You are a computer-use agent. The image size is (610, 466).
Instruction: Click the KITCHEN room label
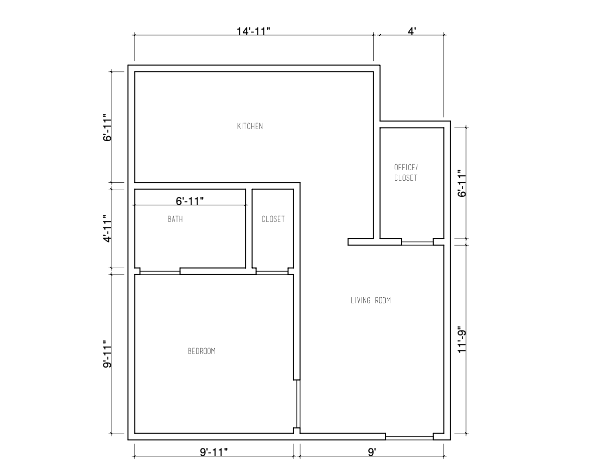250,126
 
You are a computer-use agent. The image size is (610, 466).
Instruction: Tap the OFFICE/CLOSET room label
405,172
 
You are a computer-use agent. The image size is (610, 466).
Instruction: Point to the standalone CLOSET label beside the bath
273,219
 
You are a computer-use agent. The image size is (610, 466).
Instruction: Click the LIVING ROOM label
370,301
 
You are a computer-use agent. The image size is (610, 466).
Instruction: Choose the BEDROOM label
201,351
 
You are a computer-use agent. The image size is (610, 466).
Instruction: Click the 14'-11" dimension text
254,31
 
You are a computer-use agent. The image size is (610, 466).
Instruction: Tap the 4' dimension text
412,31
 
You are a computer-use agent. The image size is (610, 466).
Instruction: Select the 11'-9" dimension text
462,340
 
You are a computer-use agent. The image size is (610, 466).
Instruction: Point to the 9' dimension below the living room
372,452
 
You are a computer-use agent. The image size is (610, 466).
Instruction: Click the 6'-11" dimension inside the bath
190,201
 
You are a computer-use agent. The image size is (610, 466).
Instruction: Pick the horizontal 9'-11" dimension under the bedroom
214,452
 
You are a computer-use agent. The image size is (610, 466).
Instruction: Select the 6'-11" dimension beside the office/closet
462,183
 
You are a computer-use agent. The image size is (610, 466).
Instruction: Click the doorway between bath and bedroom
160,272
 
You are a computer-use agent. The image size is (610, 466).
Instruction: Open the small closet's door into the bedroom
272,272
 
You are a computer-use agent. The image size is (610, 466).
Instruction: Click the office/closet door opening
417,242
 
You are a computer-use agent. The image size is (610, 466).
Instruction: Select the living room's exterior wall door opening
409,436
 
